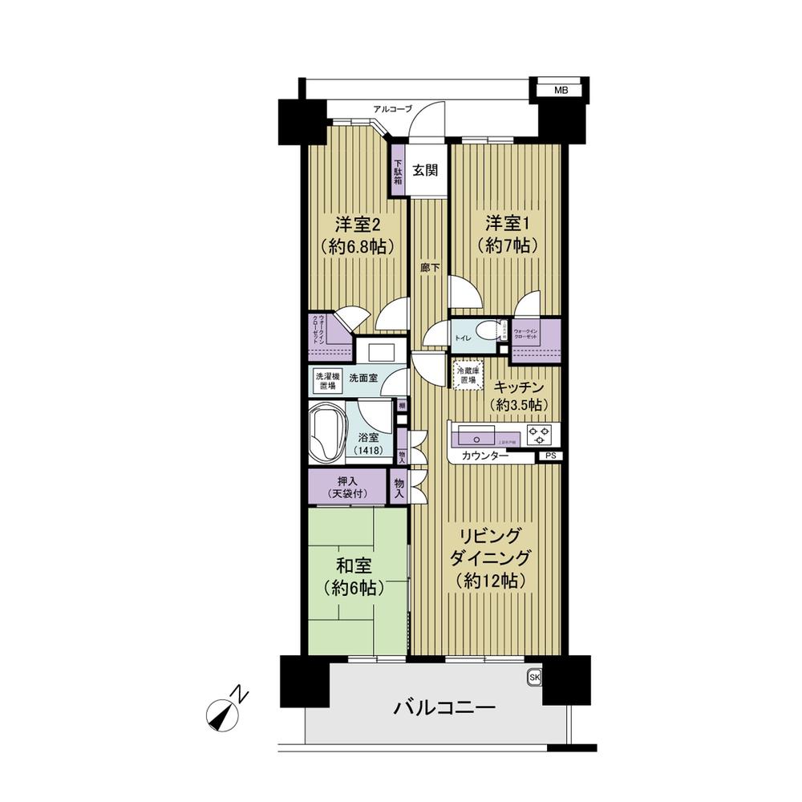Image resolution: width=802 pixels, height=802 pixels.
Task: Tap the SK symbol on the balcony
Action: click(x=534, y=678)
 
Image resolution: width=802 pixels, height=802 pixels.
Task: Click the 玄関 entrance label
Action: click(x=425, y=170)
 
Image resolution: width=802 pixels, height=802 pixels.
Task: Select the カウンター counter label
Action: click(x=485, y=456)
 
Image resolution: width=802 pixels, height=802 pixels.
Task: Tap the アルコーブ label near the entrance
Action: click(x=393, y=108)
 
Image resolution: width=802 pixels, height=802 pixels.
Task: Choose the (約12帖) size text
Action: click(x=491, y=580)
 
